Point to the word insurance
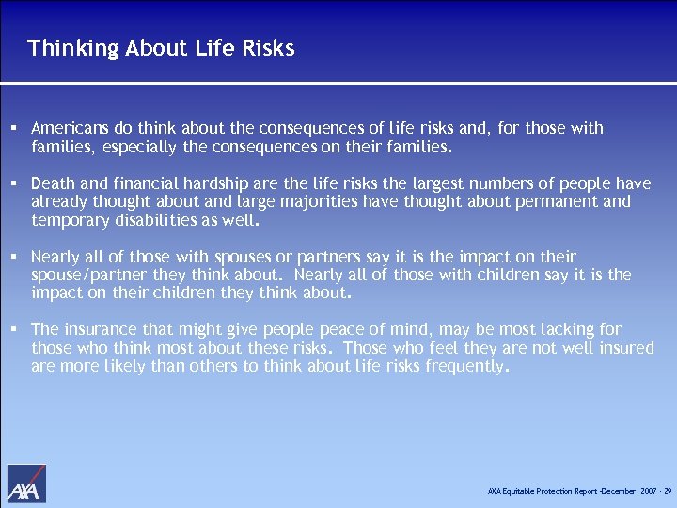pos(99,329)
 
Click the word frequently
pos(463,366)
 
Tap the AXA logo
pos(26,484)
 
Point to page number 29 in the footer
pos(667,492)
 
